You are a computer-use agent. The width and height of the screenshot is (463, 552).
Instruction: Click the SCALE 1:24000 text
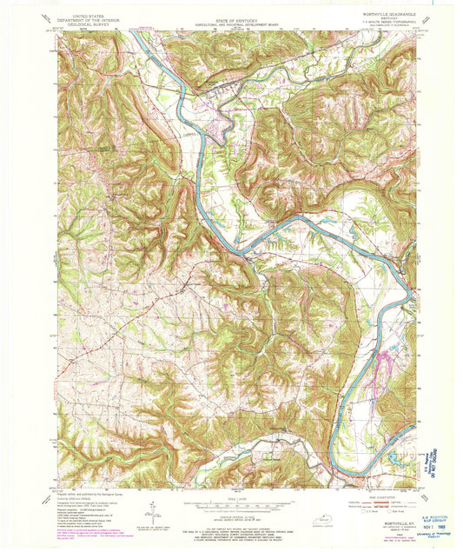(230, 495)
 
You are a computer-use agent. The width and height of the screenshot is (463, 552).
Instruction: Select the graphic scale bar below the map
(230, 503)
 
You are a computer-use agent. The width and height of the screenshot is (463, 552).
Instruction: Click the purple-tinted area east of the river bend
(379, 356)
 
